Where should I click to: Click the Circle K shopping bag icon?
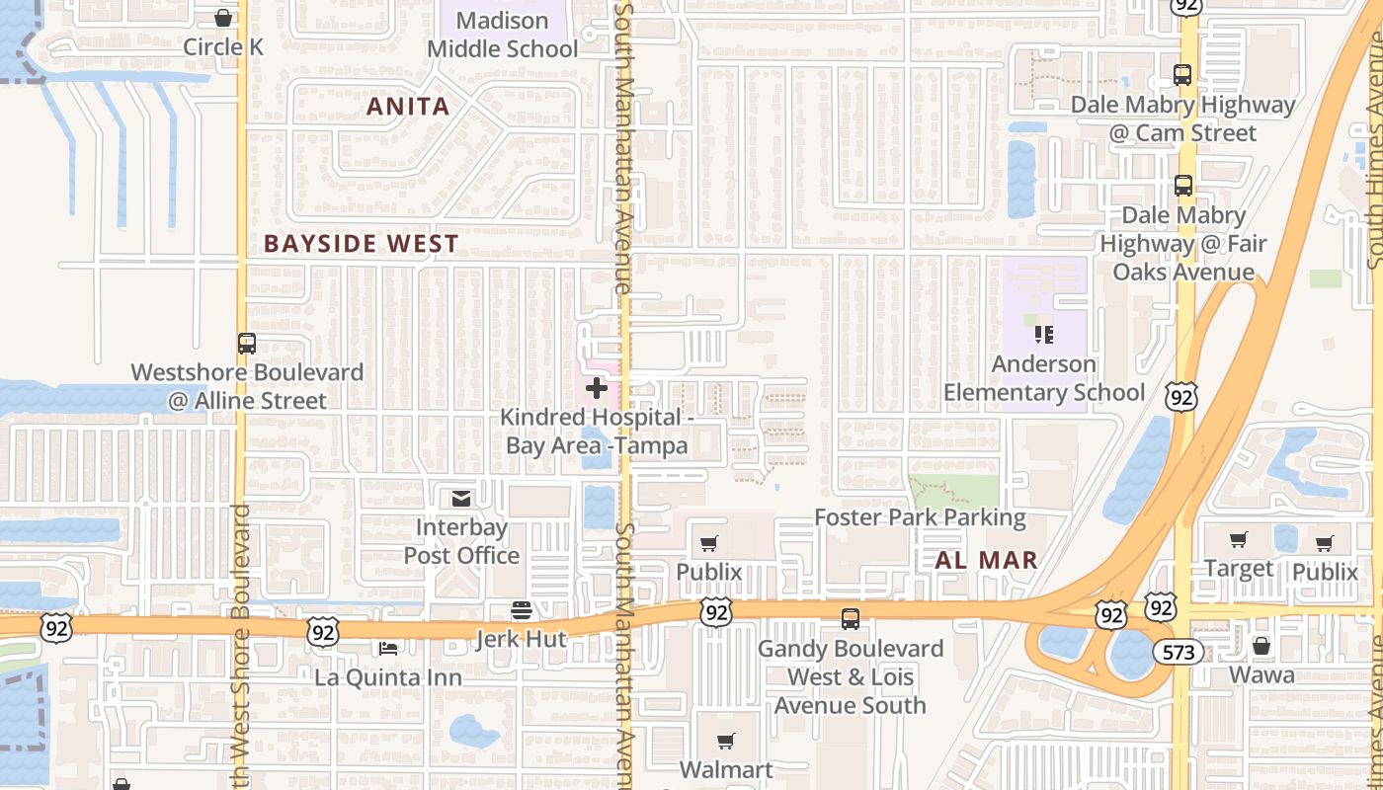[223, 18]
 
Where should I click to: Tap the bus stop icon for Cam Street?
[1182, 74]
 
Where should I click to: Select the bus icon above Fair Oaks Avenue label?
[1182, 185]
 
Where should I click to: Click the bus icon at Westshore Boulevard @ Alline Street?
[247, 344]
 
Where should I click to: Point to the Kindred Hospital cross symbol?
[596, 388]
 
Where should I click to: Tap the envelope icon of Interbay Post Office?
[460, 498]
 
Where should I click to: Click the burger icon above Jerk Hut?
[521, 610]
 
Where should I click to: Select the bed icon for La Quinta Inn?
[388, 648]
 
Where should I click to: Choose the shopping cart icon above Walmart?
[726, 741]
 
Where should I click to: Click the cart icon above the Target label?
[1239, 539]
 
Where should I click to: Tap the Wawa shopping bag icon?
[1261, 646]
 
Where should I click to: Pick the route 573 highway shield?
[1179, 652]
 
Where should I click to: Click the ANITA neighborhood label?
[408, 107]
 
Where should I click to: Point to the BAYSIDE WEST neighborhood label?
[362, 244]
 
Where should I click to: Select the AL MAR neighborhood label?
[986, 560]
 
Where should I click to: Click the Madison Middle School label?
[502, 35]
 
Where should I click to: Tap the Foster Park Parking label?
[920, 517]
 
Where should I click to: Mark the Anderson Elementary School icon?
[1044, 335]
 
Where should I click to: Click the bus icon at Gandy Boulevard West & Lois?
[850, 619]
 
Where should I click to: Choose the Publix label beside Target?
[1325, 572]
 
